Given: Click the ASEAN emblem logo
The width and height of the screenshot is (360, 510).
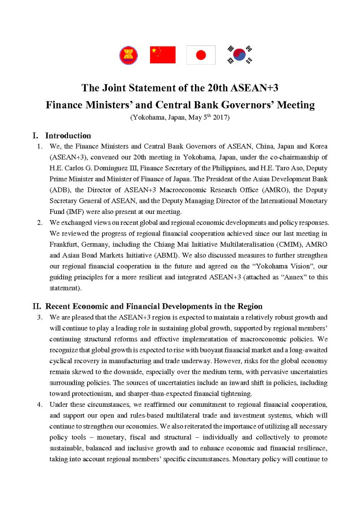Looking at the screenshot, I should pyautogui.click(x=128, y=55).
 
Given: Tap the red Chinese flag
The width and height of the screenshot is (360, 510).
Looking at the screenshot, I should pyautogui.click(x=163, y=55).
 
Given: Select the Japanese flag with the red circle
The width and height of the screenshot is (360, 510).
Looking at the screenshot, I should pyautogui.click(x=201, y=55).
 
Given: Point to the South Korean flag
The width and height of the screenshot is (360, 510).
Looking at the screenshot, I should pyautogui.click(x=239, y=55).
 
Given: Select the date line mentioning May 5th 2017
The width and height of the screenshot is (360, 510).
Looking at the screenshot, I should pyautogui.click(x=180, y=118).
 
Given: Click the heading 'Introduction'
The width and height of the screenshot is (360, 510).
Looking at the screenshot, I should pyautogui.click(x=68, y=136).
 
